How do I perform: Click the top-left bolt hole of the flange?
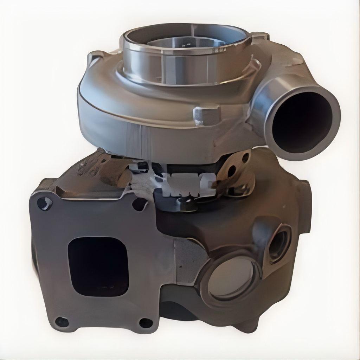pos(45,203)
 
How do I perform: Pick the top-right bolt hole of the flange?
pos(139,204)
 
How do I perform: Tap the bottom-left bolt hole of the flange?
pos(62,321)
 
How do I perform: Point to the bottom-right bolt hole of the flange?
pos(146,322)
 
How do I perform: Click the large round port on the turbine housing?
pos(231,278)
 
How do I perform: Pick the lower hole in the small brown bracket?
pos(232,172)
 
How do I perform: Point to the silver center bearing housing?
pos(186,183)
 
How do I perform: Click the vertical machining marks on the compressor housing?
pos(141,139)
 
